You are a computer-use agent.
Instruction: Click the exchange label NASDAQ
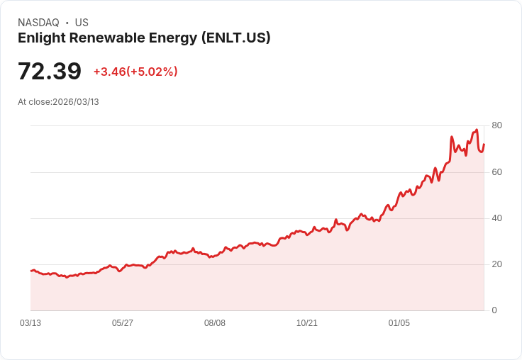coord(38,23)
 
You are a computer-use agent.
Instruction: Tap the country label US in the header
coord(82,23)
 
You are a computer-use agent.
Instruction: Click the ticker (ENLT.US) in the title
coord(235,38)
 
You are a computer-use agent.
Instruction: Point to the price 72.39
coord(50,72)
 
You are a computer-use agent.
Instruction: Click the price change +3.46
coord(109,72)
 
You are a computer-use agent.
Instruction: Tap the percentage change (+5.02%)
coord(152,72)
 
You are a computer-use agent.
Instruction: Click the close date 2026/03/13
coord(76,102)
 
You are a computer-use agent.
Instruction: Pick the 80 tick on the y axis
coord(496,125)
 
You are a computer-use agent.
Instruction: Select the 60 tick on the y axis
coord(496,172)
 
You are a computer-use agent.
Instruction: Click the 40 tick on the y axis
coord(496,218)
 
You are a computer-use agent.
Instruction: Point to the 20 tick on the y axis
coord(496,264)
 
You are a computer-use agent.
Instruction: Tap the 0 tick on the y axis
coord(494,310)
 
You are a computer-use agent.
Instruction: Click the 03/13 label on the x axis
coord(30,323)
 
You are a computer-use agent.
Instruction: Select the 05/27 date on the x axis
coord(123,323)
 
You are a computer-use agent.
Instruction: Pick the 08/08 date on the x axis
coord(215,323)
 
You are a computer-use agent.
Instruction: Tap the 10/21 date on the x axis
coord(307,323)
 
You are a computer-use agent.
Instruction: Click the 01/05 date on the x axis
coord(399,323)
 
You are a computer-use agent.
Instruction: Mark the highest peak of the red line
coord(477,130)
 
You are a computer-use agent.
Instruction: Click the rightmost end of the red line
coord(484,145)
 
